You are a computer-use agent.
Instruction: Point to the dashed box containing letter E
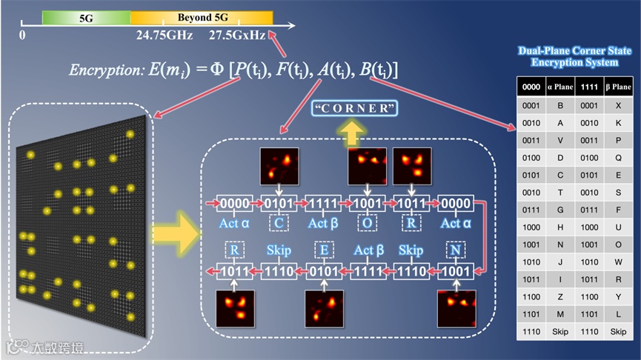pyautogui.click(x=322, y=250)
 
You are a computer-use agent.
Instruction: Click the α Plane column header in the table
pyautogui.click(x=560, y=87)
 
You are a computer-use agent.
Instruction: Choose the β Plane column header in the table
pyautogui.click(x=617, y=87)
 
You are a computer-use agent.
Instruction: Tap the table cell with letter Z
pyautogui.click(x=560, y=296)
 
